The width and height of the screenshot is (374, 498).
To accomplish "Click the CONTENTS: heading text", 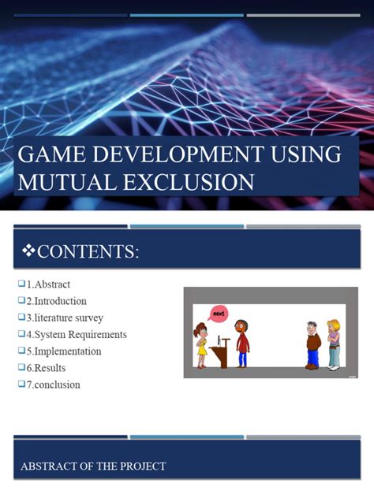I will pos(88,252).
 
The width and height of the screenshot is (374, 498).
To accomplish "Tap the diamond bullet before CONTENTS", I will pos(28,252).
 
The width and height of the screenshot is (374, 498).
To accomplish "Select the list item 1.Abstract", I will pos(48,284).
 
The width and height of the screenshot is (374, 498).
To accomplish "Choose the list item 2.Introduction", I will pos(56,301).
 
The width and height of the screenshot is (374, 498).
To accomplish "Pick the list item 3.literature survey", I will pos(65,318).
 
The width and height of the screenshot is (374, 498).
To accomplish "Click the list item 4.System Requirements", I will pos(77,334).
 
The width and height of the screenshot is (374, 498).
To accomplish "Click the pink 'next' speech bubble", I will pos(219,314).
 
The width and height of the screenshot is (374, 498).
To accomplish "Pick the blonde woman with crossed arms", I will pos(334,344).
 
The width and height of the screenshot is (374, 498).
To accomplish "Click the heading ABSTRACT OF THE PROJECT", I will pos(93,466).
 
